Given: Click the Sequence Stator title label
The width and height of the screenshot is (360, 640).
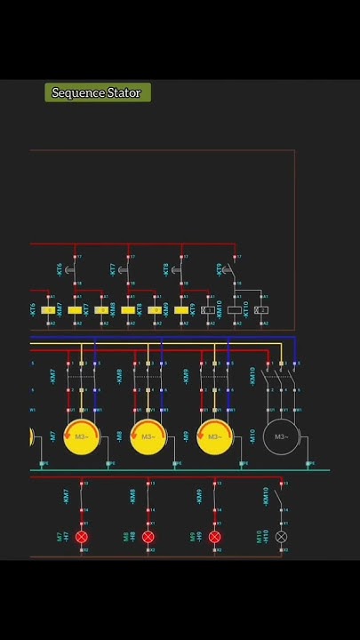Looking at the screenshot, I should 97,92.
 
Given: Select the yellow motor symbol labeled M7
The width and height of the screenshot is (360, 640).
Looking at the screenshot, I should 81,437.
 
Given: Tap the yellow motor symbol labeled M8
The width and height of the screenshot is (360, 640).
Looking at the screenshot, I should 148,437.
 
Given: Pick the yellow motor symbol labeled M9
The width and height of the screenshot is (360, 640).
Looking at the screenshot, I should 214,437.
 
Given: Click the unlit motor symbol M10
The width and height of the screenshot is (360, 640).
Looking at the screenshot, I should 281,437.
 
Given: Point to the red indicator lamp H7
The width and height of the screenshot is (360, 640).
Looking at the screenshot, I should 82,537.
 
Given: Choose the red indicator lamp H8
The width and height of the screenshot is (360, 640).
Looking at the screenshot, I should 148,537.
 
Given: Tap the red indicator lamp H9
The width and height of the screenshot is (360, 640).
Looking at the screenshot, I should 214,537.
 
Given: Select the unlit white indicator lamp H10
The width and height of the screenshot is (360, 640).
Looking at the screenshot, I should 282,537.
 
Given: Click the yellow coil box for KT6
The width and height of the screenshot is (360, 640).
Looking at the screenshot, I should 48,310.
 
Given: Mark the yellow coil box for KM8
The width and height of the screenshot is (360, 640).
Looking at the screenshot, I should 128,310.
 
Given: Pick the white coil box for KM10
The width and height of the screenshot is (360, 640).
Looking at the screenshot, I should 235,310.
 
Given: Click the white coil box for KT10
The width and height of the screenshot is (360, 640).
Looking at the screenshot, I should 260,310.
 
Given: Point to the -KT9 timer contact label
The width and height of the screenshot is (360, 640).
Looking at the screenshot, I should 220,268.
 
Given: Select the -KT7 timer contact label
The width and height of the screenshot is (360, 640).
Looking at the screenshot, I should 113,268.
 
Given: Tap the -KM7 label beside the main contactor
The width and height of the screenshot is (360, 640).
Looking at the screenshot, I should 53,376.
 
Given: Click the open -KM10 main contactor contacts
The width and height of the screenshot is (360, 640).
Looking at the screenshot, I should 281,376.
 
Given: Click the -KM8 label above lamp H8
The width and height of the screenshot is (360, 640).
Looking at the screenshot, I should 133,496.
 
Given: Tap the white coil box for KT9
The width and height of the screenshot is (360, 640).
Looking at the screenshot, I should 208,310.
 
